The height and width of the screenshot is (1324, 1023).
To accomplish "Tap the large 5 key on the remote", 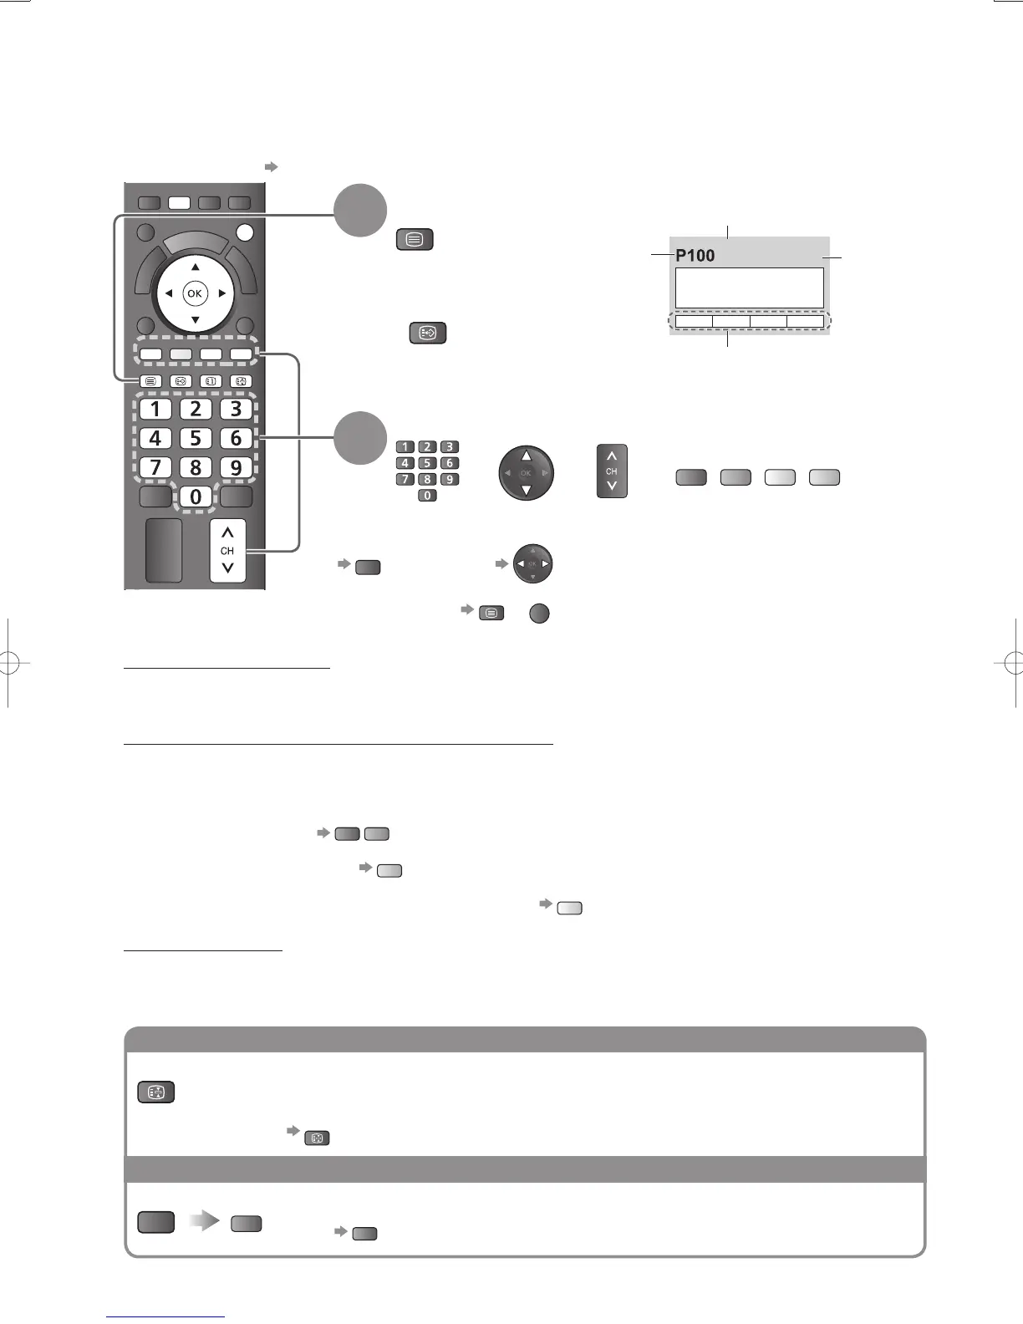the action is pos(196,438).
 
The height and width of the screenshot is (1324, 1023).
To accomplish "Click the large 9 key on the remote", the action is pos(237,467).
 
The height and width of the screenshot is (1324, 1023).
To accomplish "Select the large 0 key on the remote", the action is pos(196,496).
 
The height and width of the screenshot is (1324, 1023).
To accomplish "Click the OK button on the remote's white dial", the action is pos(195,293).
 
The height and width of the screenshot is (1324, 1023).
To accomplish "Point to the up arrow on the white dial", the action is pos(195,267).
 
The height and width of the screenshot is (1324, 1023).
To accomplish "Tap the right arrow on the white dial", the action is pos(221,293).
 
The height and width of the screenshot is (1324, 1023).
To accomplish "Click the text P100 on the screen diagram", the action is pos(695,256).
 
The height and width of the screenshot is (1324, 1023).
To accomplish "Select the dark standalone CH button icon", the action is pos(612,471).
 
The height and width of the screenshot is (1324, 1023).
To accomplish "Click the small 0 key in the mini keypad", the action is pos(427,496).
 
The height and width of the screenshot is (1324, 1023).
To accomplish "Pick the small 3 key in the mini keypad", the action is pos(449,447).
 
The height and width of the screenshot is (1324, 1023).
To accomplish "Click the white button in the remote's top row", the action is pos(179,202).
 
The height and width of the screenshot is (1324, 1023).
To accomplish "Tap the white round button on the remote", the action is pos(245,232).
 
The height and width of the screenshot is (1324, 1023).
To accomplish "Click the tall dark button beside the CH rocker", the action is pos(164,550).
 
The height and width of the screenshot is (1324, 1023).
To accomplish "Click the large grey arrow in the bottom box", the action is pos(203,1221).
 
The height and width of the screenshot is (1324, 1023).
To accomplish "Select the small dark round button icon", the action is pos(539,613).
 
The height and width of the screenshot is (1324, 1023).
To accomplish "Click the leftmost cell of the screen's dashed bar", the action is pos(694,322).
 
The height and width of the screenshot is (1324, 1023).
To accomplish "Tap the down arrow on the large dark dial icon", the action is pos(526,491).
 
